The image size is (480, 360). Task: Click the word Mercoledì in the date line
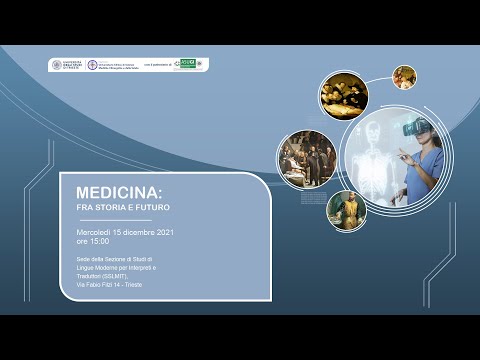(x=111, y=231)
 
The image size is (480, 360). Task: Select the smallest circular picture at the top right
(x=404, y=77)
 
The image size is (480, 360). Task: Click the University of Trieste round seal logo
(x=56, y=65)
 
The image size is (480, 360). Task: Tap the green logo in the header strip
(x=185, y=65)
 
